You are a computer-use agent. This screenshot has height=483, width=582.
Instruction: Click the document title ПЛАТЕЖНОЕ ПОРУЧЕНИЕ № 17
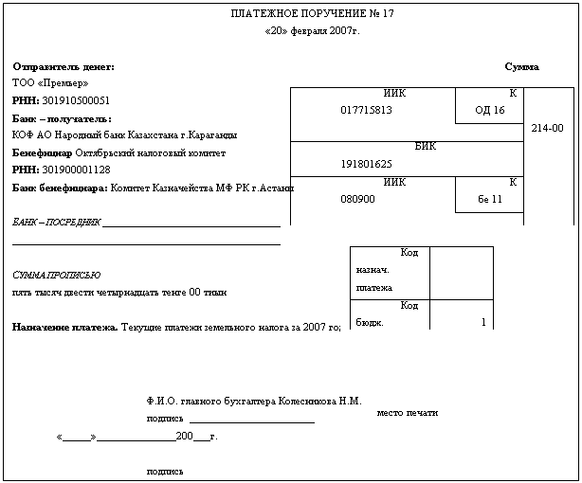click(312, 14)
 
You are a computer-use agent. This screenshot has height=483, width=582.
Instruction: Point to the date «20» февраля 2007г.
click(312, 30)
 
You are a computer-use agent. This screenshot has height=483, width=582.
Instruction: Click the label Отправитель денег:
click(64, 67)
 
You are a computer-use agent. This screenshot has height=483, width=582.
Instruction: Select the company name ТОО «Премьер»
click(45, 83)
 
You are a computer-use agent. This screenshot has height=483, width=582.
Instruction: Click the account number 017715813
click(366, 110)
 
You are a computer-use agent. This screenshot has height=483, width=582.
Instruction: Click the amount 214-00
click(548, 128)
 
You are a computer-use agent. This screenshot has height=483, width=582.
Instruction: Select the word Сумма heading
click(521, 67)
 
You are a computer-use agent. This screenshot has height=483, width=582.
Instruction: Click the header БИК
click(426, 147)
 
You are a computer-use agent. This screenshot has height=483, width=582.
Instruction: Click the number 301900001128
click(76, 170)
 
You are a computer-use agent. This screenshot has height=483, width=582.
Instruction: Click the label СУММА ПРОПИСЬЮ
click(56, 275)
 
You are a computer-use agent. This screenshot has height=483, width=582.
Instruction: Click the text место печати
click(408, 413)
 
